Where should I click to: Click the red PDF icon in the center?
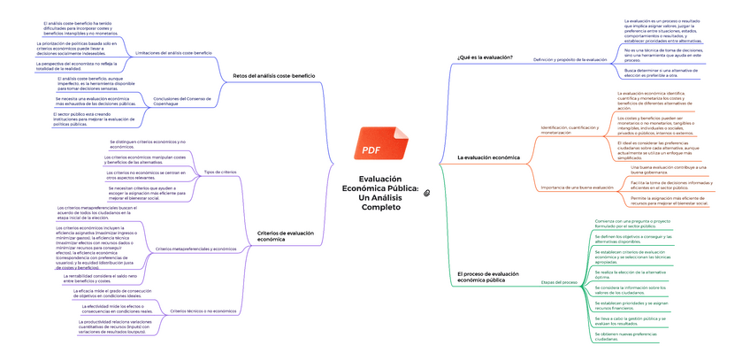372,144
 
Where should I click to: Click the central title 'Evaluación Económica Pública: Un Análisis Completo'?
372,192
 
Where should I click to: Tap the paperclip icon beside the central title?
427,192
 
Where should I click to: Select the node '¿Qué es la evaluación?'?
485,58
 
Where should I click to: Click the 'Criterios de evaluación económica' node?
285,236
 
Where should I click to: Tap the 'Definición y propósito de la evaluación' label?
570,59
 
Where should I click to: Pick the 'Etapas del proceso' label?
559,281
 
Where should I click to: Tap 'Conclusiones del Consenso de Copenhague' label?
183,100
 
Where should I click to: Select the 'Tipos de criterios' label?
219,172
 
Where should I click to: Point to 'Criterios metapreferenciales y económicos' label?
195,249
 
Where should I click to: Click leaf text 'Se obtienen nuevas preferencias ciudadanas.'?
627,336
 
